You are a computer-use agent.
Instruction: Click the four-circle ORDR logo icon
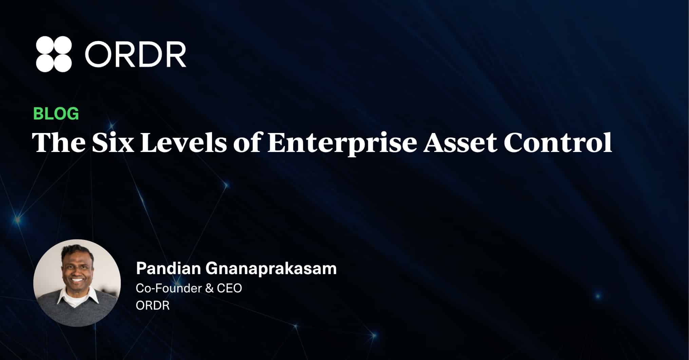click(x=54, y=54)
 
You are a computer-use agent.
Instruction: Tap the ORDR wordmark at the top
click(x=135, y=54)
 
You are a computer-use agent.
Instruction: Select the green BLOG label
click(x=56, y=113)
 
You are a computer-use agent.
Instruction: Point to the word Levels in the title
click(x=183, y=142)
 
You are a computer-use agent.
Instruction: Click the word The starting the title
click(x=59, y=142)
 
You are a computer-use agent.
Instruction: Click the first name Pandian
click(x=168, y=268)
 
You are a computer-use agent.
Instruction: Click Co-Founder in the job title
click(x=169, y=288)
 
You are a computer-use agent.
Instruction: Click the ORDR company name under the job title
click(x=153, y=305)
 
